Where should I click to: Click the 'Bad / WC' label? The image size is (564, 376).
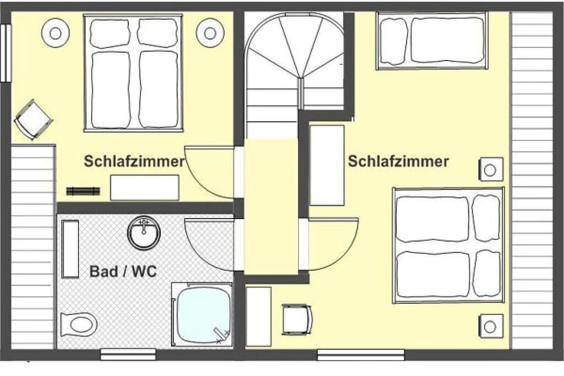[x=123, y=272]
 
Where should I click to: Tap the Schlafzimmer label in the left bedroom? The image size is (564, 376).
[x=134, y=162]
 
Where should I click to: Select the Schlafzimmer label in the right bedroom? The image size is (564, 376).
[x=398, y=161]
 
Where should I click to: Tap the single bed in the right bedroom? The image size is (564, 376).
[x=432, y=41]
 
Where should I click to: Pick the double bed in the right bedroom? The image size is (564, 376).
[x=448, y=245]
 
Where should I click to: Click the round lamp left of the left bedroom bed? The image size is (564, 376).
[x=56, y=33]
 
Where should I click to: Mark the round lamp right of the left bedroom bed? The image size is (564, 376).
[x=210, y=32]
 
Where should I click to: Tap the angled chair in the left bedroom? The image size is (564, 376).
[x=32, y=119]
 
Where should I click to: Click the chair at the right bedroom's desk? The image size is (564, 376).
[x=296, y=319]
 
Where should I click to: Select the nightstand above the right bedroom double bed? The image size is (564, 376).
[x=490, y=169]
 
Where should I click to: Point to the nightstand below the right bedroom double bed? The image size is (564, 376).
[x=491, y=325]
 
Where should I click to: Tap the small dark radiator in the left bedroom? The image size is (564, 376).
[x=83, y=191]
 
